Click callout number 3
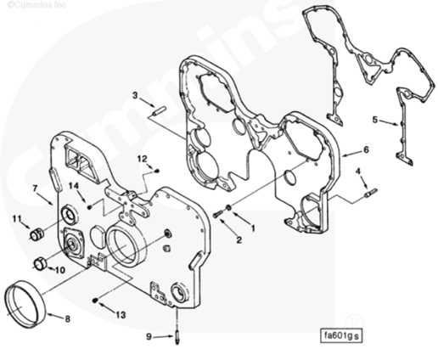click(135, 95)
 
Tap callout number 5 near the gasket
click(375, 120)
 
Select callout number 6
click(366, 149)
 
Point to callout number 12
click(143, 159)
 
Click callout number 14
click(74, 186)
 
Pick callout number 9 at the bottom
click(149, 337)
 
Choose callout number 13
click(121, 314)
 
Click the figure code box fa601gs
click(341, 335)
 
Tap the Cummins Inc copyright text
click(36, 4)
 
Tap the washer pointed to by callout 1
click(228, 208)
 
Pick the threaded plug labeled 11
click(37, 234)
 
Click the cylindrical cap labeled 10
click(40, 263)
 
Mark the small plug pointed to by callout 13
click(95, 300)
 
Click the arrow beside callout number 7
click(46, 198)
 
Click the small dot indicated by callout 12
click(158, 171)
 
